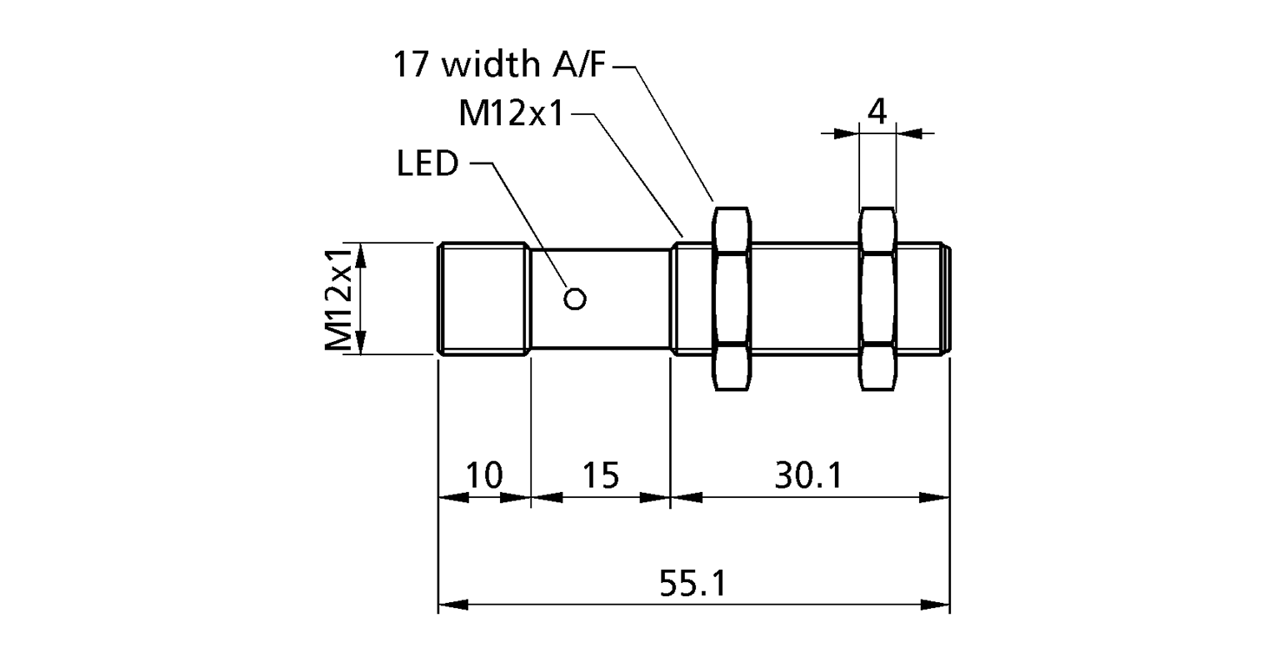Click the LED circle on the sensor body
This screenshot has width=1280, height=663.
tap(575, 298)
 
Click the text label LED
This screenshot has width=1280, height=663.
tap(427, 164)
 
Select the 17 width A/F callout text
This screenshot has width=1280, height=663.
tap(497, 65)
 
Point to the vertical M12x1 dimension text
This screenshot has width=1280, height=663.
tap(338, 299)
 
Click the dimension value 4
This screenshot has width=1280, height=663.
tap(877, 111)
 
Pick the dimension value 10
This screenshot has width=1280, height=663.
tap(483, 475)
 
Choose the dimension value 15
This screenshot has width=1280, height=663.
tap(600, 475)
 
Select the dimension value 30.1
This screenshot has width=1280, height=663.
tap(808, 475)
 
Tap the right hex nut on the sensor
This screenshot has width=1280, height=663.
tap(878, 299)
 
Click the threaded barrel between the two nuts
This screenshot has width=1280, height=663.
tap(805, 299)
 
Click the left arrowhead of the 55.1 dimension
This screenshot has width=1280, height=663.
tap(452, 605)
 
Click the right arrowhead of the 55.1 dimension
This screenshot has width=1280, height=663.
tap(936, 605)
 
